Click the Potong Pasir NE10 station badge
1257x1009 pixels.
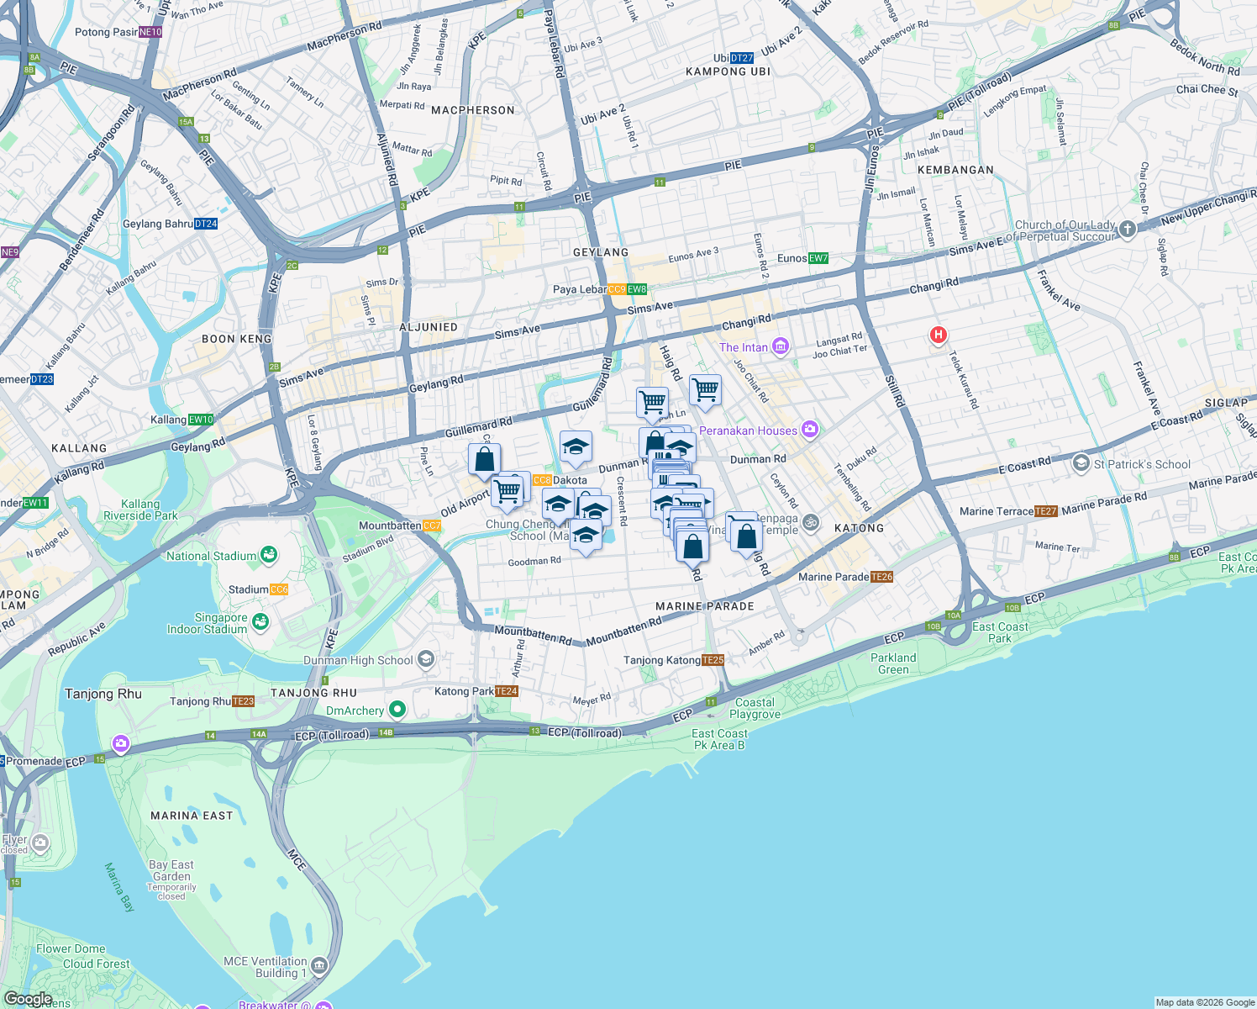150,32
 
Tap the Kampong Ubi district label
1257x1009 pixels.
728,71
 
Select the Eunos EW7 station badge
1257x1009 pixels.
818,258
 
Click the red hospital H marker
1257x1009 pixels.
938,335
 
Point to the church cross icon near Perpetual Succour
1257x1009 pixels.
1128,229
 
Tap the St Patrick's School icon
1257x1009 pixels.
1081,463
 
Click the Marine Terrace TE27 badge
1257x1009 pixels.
1046,511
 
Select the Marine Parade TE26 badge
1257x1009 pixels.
881,577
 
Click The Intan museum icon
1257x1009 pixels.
781,346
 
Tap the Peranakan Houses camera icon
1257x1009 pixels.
809,430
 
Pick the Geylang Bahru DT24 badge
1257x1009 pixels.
206,224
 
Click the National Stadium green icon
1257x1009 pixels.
269,554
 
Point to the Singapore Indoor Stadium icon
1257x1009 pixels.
260,622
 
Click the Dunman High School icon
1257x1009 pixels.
426,659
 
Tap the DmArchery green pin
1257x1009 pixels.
397,711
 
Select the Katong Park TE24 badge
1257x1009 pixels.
507,691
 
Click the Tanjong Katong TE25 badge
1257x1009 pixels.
713,660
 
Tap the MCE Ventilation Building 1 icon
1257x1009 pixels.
319,965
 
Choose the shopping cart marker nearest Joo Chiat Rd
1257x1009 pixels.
705,390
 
